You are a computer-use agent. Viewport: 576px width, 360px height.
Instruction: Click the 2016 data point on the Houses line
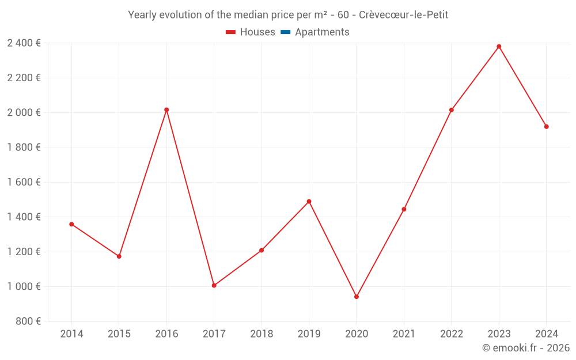click(x=166, y=109)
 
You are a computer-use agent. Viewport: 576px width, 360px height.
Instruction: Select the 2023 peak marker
click(x=499, y=47)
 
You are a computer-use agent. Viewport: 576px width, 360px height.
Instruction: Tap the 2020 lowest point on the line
click(x=357, y=297)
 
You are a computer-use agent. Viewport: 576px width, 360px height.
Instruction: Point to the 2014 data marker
click(x=71, y=224)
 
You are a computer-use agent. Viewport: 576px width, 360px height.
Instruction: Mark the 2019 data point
click(x=309, y=202)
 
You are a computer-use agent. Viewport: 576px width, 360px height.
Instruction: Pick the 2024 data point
click(x=546, y=127)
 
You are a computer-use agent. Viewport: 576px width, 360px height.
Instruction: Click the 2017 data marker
click(x=214, y=285)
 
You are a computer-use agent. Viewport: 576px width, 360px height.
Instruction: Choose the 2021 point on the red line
click(x=404, y=209)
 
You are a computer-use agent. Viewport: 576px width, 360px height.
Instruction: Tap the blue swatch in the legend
click(x=285, y=32)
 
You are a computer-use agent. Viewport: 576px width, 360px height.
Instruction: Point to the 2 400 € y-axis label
click(x=24, y=43)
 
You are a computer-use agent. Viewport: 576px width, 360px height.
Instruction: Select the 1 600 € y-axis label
click(x=24, y=182)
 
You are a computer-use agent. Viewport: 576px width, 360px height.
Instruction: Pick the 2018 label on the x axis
click(x=262, y=334)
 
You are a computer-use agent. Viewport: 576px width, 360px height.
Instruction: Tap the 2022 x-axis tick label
click(x=452, y=334)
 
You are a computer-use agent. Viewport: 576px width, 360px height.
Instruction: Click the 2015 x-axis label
click(x=119, y=334)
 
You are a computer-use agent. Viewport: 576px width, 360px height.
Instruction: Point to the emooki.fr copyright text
click(x=526, y=348)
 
